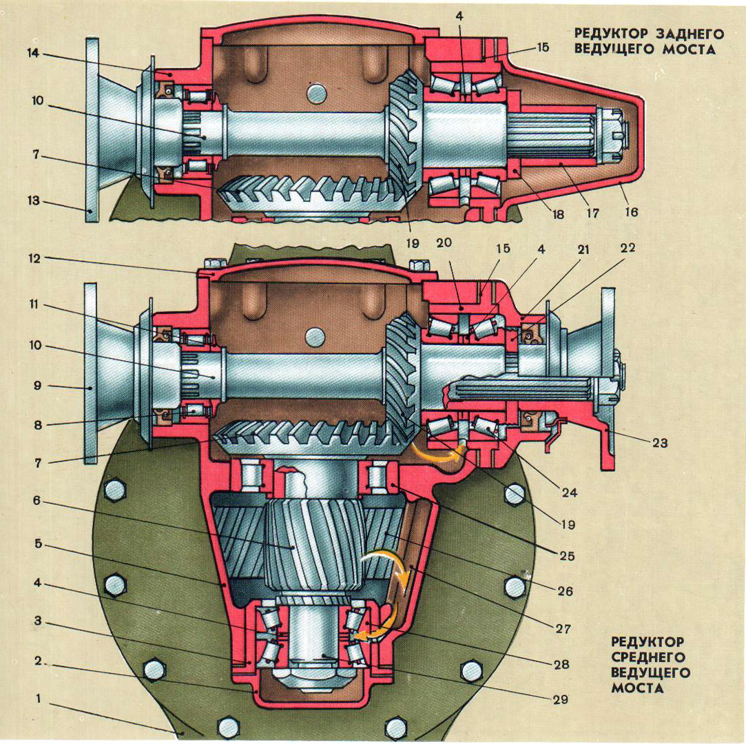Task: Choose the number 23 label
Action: point(659,444)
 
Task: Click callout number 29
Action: point(559,699)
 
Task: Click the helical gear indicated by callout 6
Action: point(296,544)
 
